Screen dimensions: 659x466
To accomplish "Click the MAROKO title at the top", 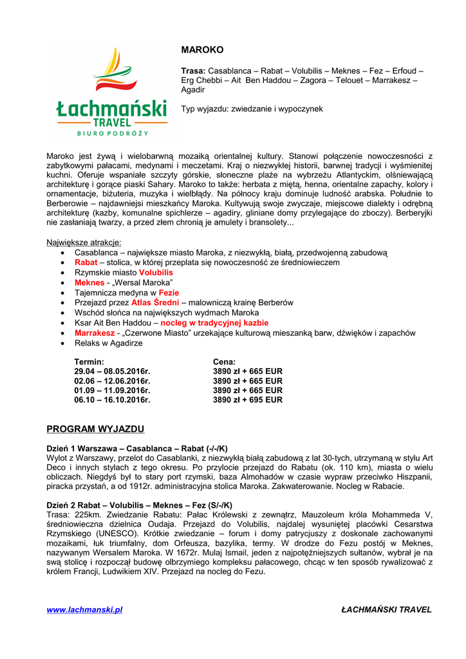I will coord(202,50).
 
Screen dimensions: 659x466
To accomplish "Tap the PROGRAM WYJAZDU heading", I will coord(95,429).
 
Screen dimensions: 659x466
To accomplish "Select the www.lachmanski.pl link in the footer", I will coord(84,609).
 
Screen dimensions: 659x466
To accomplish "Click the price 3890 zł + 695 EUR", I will coord(248,400).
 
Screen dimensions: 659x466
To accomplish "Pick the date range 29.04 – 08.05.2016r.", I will coord(112,371).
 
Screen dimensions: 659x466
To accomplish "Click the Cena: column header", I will coord(224,362).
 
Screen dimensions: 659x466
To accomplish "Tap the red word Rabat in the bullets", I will coord(86,263).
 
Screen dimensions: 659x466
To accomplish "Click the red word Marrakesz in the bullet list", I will coord(94,333).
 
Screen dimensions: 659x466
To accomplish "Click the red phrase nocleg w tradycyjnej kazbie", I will coord(214,322).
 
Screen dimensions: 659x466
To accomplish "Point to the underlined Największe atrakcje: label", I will coord(84,243).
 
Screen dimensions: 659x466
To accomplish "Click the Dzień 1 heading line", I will coord(137,448).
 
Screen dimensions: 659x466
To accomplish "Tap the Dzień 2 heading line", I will coord(140,505).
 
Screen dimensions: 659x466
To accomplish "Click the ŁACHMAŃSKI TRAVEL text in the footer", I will coord(386,609).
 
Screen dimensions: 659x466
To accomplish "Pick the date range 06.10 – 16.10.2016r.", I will coord(112,400).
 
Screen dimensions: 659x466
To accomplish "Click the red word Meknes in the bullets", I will coord(89,283).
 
